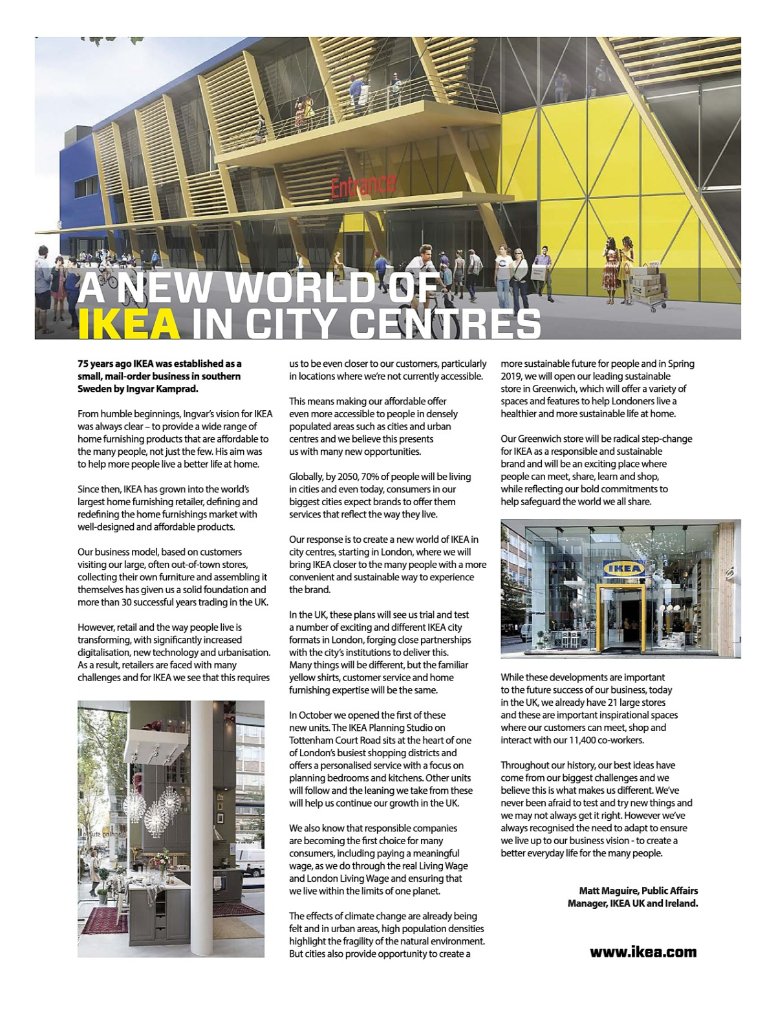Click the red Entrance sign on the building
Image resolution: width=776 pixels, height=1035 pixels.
(363, 185)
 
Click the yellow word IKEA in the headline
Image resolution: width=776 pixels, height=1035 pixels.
(129, 324)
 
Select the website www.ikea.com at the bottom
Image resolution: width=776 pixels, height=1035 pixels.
(643, 952)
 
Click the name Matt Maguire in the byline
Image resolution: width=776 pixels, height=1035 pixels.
(607, 891)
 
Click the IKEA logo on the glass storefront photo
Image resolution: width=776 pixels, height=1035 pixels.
(624, 569)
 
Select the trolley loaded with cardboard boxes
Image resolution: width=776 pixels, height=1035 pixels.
(647, 285)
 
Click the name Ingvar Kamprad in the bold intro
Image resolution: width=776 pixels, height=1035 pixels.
(165, 389)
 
